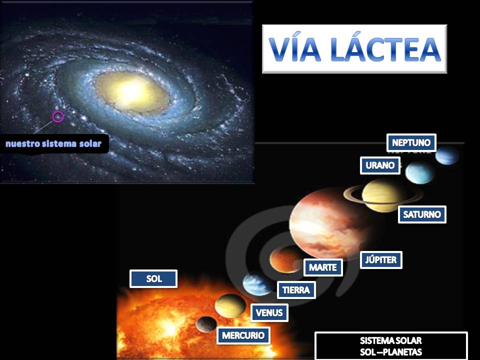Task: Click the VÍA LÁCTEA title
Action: point(354,49)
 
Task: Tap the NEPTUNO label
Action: point(411,142)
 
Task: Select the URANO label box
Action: point(380,165)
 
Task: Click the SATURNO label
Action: point(422,214)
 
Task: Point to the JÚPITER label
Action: point(381,260)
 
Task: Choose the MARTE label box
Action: point(323,267)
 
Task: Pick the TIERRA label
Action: point(296,290)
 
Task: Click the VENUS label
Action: point(269,313)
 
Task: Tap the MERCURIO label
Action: point(243,335)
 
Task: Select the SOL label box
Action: point(153,279)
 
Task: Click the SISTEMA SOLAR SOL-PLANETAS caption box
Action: point(391,345)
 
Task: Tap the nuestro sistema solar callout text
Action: point(53,144)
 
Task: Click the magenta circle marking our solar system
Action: point(58,117)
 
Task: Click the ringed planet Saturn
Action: point(384,195)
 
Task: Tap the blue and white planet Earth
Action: point(257,284)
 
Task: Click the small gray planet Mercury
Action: point(206,324)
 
